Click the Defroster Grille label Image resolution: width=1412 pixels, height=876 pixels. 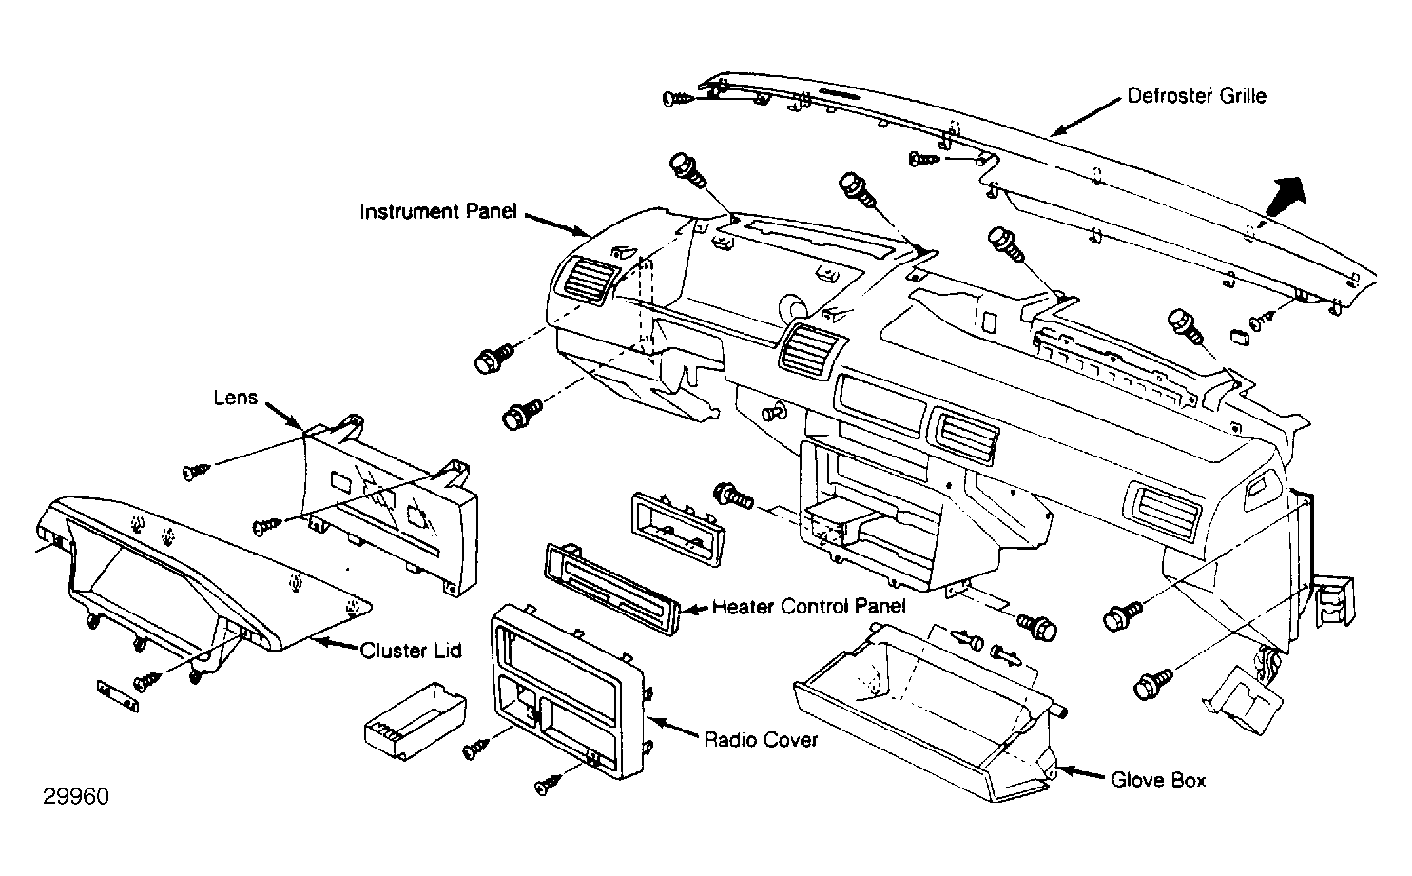click(1196, 96)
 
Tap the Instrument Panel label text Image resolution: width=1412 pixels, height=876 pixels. click(438, 211)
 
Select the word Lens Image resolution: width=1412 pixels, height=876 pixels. click(236, 398)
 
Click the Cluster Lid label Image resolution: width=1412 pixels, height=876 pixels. click(411, 651)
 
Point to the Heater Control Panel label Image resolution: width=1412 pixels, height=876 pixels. click(809, 606)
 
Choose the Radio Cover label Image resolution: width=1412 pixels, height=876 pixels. click(761, 739)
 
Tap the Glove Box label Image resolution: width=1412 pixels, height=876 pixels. click(1158, 780)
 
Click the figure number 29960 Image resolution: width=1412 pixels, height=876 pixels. click(76, 796)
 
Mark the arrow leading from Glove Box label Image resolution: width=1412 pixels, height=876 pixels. click(1079, 773)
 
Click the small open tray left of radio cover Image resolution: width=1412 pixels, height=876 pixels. click(416, 720)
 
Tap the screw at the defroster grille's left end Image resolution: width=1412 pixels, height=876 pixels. click(678, 98)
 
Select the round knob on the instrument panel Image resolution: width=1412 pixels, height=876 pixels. click(794, 306)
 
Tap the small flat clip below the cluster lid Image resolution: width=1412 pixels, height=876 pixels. click(118, 695)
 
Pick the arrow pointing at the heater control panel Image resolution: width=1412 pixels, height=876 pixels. click(695, 609)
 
